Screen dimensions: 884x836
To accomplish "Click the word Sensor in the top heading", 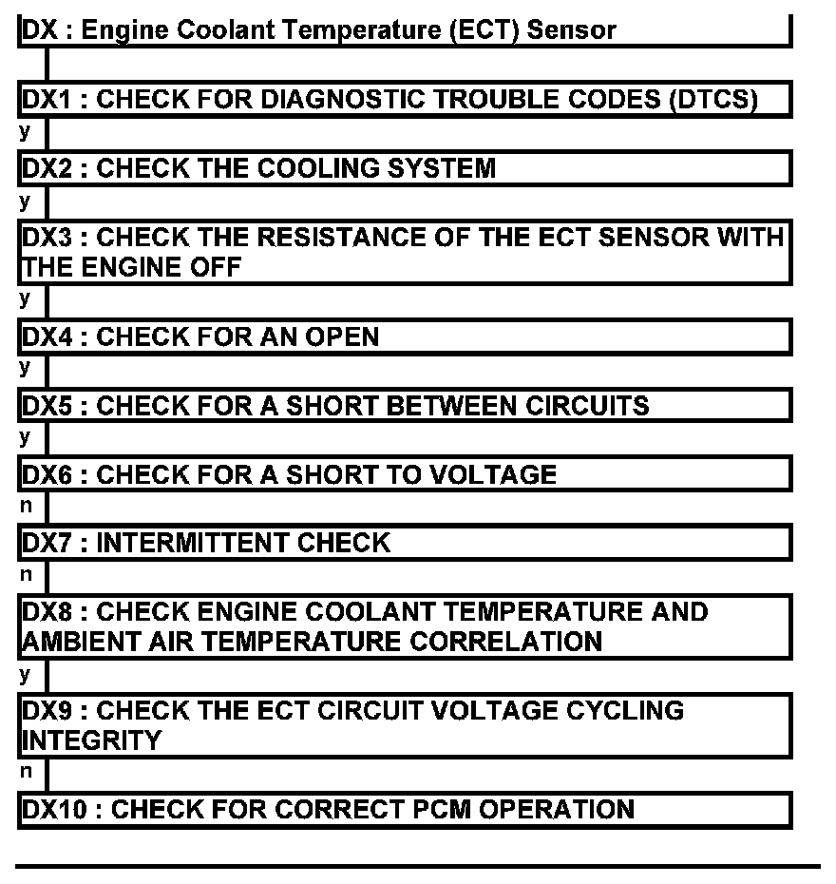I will (572, 29).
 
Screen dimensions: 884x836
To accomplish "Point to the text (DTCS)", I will (712, 100).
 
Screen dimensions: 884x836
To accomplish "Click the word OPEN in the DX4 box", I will (342, 336).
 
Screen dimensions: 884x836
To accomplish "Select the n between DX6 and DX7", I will (26, 508).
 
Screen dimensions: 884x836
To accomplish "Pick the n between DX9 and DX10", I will (26, 773).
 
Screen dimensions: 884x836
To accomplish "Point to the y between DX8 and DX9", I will (26, 675).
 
